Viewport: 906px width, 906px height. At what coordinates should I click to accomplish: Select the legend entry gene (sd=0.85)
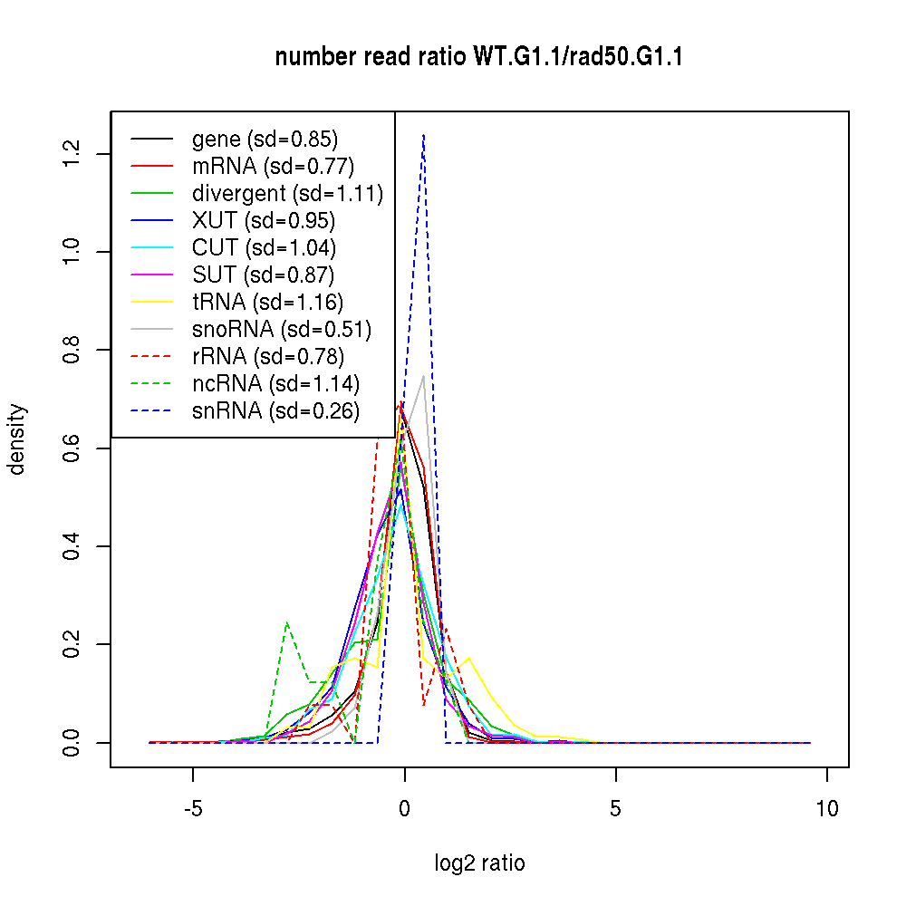265,140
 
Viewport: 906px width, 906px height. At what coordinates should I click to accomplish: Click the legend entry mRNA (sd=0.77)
273,167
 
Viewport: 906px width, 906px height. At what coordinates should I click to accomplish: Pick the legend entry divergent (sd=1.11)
287,194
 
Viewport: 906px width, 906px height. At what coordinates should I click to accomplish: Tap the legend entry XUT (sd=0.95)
264,221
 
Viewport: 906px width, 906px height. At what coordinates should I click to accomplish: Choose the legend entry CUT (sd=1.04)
264,248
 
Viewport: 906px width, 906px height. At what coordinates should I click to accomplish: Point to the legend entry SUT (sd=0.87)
264,275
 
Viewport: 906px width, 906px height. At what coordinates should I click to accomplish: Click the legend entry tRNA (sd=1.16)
267,303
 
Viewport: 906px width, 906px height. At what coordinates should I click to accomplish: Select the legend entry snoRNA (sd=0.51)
282,330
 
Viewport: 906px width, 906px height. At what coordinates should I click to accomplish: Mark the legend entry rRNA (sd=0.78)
268,357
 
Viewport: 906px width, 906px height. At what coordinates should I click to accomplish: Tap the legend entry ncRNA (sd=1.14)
275,384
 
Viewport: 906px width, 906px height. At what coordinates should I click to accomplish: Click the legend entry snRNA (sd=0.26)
275,411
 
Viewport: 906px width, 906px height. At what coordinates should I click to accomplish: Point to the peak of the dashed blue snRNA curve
423,135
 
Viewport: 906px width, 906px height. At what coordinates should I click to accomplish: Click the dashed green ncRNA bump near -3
286,623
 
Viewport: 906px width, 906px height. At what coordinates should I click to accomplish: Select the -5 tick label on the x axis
193,808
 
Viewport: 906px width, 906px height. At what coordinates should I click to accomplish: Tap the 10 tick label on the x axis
827,808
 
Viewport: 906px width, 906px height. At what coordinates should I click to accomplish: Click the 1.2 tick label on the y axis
71,153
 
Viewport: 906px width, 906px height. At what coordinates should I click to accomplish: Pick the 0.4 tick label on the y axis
71,546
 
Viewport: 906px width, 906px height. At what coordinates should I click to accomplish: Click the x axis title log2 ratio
479,863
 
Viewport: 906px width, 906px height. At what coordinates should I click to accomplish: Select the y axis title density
17,439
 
